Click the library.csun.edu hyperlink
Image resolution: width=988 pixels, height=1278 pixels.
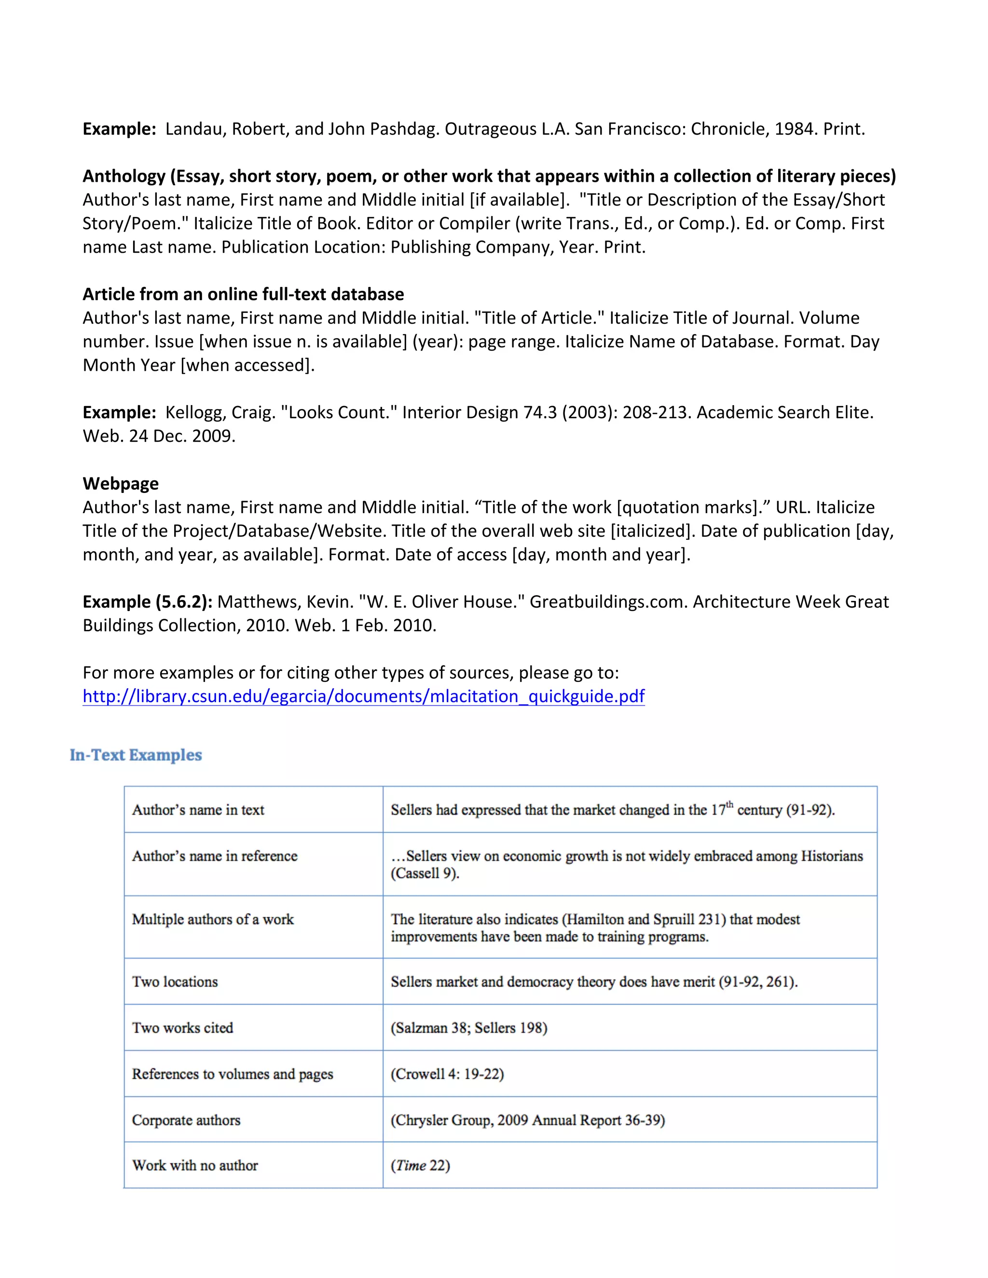pyautogui.click(x=363, y=696)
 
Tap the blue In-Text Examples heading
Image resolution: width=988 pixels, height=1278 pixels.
pyautogui.click(x=136, y=755)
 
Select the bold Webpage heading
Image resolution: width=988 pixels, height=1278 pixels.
pyautogui.click(x=121, y=483)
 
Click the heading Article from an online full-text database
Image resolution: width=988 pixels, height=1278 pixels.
pyautogui.click(x=243, y=294)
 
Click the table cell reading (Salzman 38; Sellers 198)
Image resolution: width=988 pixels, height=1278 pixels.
pyautogui.click(x=469, y=1028)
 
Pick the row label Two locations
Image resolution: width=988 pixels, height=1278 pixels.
pyautogui.click(x=175, y=981)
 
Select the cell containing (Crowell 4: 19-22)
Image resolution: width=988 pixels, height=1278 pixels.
pyautogui.click(x=447, y=1074)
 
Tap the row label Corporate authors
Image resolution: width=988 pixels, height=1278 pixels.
pyautogui.click(x=186, y=1120)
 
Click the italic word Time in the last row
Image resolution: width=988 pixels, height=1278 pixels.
pyautogui.click(x=411, y=1166)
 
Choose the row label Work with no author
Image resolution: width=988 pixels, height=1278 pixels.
pyautogui.click(x=195, y=1166)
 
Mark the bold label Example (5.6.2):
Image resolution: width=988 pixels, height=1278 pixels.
pyautogui.click(x=148, y=601)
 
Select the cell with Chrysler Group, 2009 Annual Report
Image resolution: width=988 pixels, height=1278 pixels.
pyautogui.click(x=527, y=1120)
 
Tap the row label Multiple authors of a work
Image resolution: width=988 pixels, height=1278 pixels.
pyautogui.click(x=212, y=919)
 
